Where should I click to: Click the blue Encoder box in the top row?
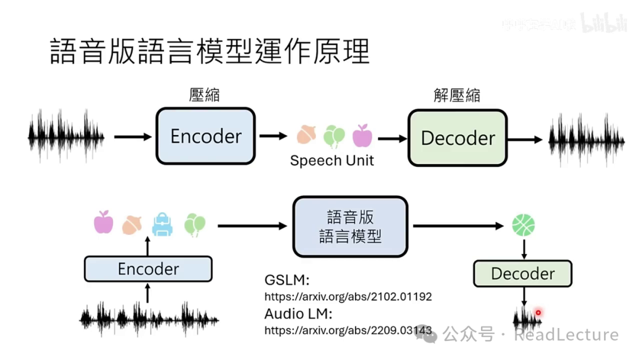click(x=205, y=136)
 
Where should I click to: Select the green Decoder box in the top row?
click(x=457, y=138)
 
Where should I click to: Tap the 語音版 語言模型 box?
click(x=350, y=226)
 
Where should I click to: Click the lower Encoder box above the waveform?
click(x=148, y=269)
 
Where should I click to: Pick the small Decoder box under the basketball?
click(x=522, y=274)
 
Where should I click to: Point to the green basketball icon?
click(x=523, y=225)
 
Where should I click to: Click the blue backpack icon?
click(x=162, y=224)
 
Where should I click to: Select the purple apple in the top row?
click(x=362, y=136)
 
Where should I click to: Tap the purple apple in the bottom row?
click(x=104, y=222)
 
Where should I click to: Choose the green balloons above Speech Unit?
click(x=334, y=136)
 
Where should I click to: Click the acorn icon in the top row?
click(x=306, y=136)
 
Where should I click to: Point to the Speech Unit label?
click(x=332, y=160)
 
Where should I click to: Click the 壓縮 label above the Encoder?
click(x=205, y=95)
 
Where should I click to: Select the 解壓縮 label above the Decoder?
click(x=457, y=95)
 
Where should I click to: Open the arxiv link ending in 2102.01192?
click(x=348, y=296)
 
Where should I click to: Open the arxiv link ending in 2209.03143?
click(x=348, y=330)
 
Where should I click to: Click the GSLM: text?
click(x=287, y=280)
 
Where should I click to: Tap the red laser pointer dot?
click(x=538, y=313)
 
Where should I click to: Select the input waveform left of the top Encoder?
click(x=66, y=136)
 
